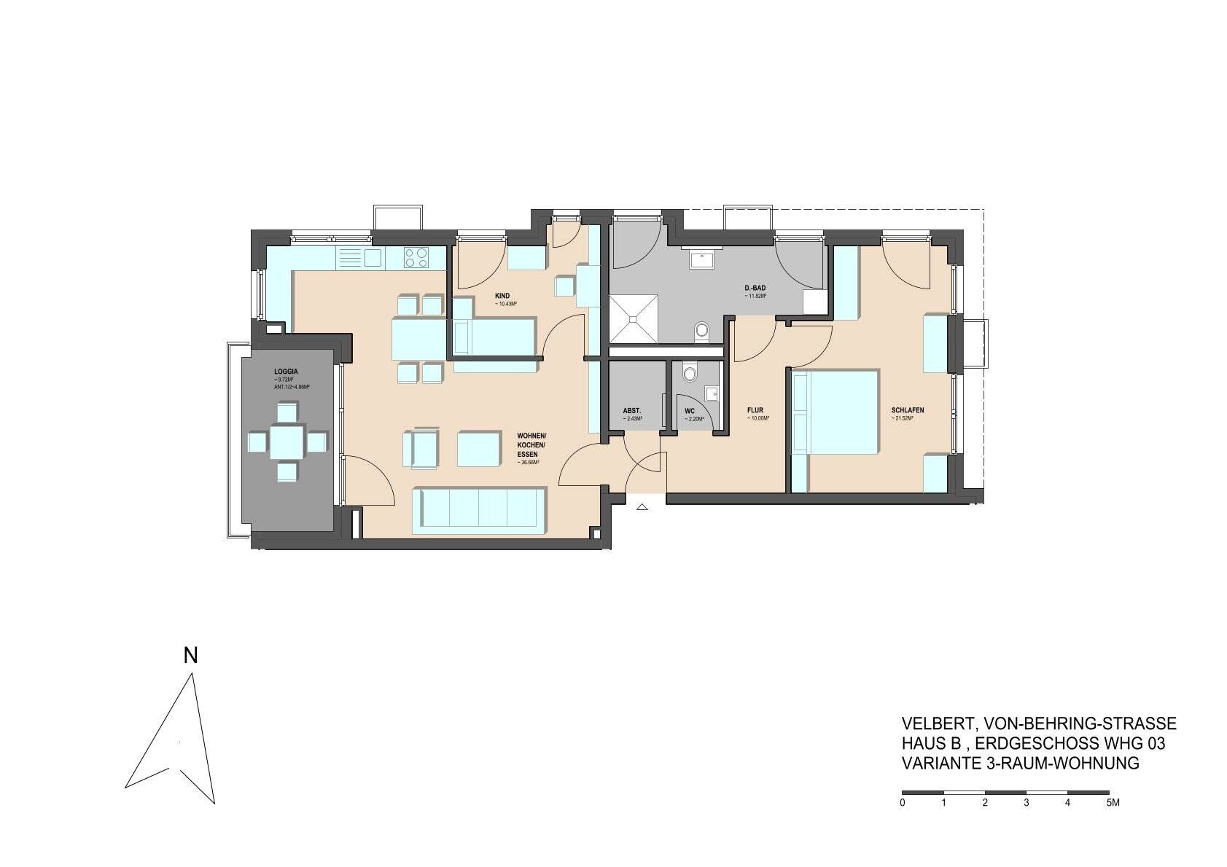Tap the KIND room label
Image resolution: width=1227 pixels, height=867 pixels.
[x=502, y=295]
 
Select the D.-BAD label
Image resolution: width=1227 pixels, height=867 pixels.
[x=755, y=288]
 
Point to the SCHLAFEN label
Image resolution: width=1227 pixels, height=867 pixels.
[x=907, y=410]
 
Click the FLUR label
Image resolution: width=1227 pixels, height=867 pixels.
[x=754, y=410]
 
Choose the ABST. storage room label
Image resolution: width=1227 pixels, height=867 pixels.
[x=631, y=410]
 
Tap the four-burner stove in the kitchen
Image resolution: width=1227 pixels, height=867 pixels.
[x=417, y=256]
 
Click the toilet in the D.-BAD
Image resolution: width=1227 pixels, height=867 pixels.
[x=701, y=331]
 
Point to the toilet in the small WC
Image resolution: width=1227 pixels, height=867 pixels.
[x=688, y=374]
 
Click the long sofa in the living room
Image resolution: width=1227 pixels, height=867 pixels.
[x=478, y=507]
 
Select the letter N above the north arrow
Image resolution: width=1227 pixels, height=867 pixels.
[x=190, y=656]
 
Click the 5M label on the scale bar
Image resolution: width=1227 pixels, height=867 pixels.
[x=1112, y=803]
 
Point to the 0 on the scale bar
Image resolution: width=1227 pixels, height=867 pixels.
[x=903, y=803]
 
